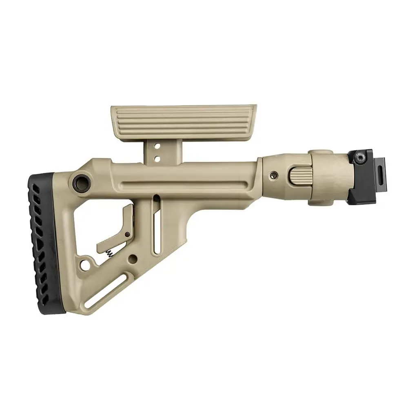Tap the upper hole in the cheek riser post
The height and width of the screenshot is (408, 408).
(156, 145)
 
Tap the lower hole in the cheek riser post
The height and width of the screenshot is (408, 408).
(156, 155)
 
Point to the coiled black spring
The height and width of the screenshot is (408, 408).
(109, 253)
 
